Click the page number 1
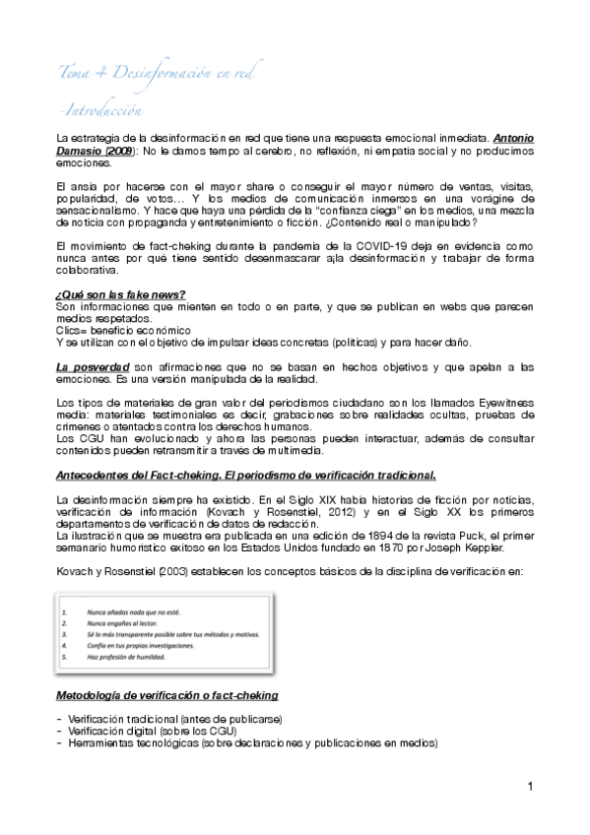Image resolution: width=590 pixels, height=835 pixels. (x=529, y=786)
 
